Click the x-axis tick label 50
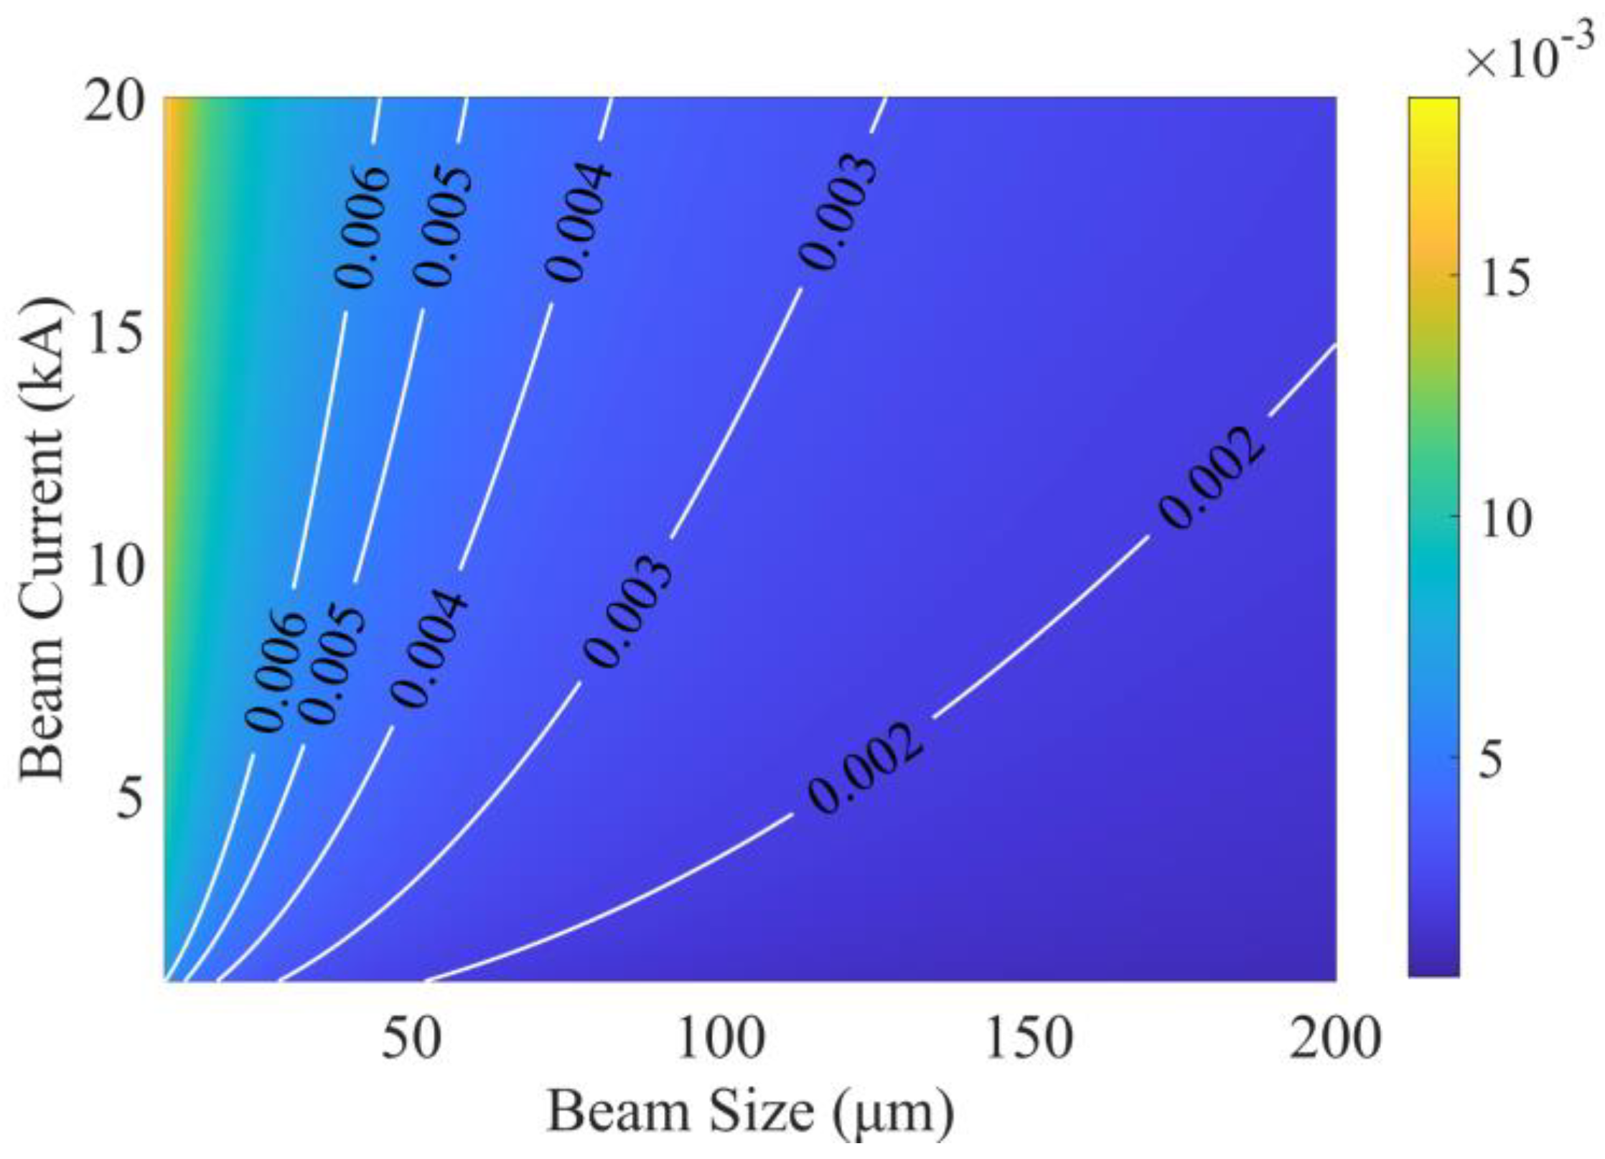(411, 1040)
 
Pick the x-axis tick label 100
(720, 1040)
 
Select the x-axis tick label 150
(1029, 1040)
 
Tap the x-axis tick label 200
(1334, 1040)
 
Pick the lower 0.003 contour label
(627, 611)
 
